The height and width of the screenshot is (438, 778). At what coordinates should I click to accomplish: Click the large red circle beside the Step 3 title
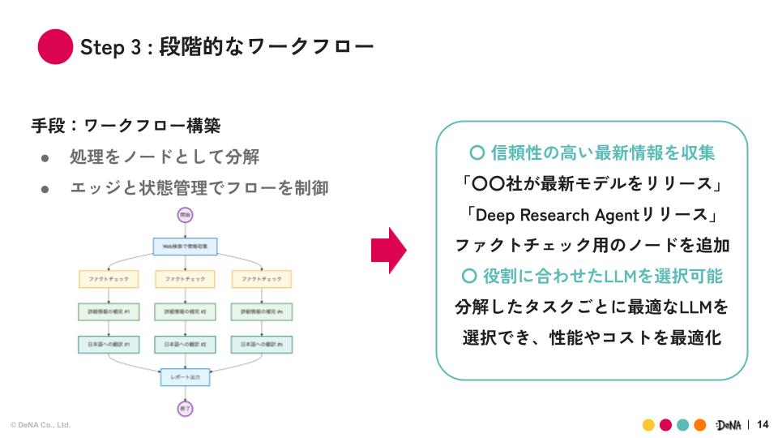pyautogui.click(x=56, y=46)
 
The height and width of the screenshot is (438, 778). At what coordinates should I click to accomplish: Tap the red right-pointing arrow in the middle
pyautogui.click(x=388, y=251)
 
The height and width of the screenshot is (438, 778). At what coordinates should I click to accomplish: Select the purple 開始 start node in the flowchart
pyautogui.click(x=185, y=215)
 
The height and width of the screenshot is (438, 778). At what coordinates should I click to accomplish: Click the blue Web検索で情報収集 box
pyautogui.click(x=185, y=245)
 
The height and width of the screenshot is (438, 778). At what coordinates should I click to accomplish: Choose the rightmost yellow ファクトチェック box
pyautogui.click(x=262, y=278)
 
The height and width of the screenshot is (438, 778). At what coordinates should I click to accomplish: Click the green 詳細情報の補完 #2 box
pyautogui.click(x=185, y=311)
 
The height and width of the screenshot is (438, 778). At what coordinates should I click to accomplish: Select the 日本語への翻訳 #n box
pyautogui.click(x=262, y=345)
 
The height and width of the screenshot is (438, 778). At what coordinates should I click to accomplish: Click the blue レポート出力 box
pyautogui.click(x=185, y=377)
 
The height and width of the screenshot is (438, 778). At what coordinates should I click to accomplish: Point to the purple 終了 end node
pyautogui.click(x=185, y=408)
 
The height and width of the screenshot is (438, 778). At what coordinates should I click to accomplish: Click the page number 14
pyautogui.click(x=762, y=424)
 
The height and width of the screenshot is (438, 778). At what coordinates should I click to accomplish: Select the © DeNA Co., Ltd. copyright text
pyautogui.click(x=41, y=425)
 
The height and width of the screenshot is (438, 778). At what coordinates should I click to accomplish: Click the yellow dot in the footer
pyautogui.click(x=648, y=425)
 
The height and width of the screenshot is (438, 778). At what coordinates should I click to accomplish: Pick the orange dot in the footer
pyautogui.click(x=699, y=425)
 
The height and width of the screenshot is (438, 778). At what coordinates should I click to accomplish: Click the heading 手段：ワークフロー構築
pyautogui.click(x=126, y=126)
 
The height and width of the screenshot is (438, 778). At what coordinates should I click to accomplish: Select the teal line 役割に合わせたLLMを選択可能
pyautogui.click(x=591, y=276)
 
